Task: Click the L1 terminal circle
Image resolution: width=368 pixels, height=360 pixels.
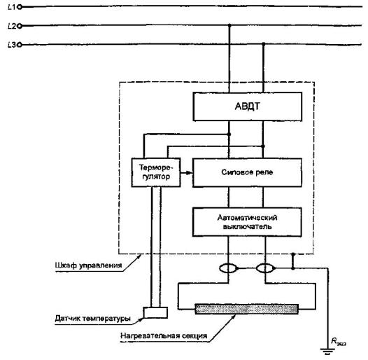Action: click(20, 7)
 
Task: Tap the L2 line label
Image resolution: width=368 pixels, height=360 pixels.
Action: click(12, 26)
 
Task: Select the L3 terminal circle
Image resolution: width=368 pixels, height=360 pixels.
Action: click(20, 45)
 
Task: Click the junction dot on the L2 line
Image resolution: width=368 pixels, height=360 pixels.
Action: click(229, 25)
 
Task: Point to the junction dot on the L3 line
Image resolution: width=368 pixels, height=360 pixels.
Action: click(263, 44)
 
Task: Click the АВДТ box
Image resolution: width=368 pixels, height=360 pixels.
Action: click(248, 106)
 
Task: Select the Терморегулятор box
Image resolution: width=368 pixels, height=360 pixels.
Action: click(156, 172)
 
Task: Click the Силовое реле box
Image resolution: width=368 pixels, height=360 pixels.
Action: click(247, 173)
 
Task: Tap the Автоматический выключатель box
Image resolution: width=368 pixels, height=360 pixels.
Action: click(247, 222)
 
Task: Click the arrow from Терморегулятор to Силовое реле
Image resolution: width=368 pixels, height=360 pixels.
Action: click(187, 173)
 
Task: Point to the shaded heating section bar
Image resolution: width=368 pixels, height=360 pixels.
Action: click(247, 309)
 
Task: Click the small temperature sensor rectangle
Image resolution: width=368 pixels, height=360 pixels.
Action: click(155, 312)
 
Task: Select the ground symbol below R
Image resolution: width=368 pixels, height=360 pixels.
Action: click(328, 352)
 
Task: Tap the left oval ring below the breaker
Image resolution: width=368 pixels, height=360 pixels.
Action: click(228, 268)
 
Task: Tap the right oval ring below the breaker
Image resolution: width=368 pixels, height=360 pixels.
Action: click(265, 268)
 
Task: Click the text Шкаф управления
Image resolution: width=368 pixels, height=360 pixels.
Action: click(88, 265)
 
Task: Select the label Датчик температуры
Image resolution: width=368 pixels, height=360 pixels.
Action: click(93, 319)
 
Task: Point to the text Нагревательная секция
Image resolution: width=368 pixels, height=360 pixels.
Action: click(164, 335)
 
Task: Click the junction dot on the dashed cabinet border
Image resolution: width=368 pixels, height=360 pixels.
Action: click(293, 254)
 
